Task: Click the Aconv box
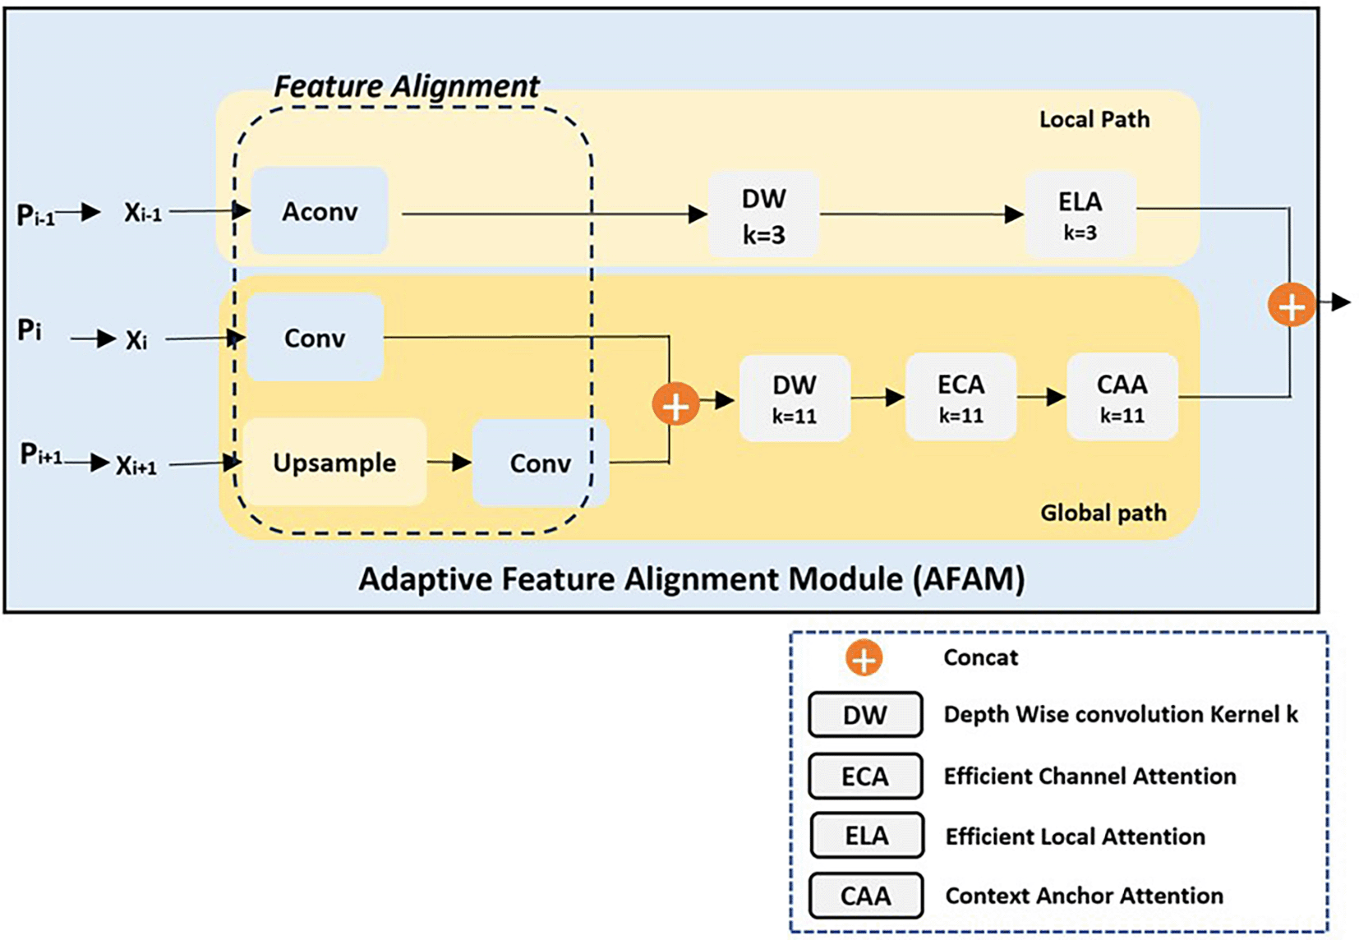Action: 320,211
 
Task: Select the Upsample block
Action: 334,462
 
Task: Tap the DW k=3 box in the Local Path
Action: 763,215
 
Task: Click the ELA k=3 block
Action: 1080,214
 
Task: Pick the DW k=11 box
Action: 794,399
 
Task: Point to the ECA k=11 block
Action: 961,398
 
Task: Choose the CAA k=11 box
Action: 1122,398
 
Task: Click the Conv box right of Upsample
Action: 540,463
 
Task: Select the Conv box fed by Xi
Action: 315,338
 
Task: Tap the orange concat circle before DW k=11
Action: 675,405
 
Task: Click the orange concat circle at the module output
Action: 1292,306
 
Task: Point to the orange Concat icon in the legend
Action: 864,658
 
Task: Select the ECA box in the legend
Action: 864,776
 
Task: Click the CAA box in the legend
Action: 865,895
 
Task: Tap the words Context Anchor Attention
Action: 1084,896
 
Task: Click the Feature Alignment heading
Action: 407,86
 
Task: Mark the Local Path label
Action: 1094,120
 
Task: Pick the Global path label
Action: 1103,513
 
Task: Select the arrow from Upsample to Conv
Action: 449,463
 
